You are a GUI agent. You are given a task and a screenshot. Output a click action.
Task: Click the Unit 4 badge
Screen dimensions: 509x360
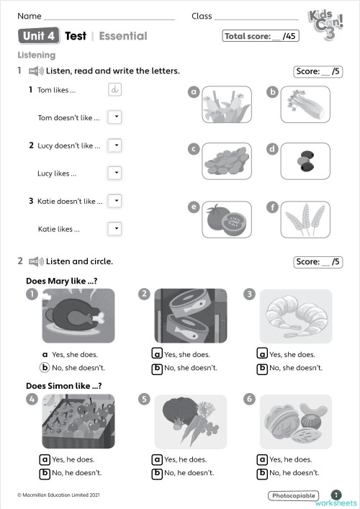39,36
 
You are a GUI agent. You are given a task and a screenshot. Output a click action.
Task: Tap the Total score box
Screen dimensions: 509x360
261,36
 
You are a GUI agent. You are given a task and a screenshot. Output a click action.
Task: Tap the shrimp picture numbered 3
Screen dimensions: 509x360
295,315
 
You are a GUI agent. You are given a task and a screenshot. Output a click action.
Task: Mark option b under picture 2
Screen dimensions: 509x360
156,369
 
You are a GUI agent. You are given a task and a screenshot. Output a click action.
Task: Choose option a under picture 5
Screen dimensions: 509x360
156,459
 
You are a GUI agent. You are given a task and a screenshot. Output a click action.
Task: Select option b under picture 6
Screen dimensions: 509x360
264,473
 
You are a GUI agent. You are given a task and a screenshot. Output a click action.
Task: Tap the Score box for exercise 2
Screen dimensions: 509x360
318,262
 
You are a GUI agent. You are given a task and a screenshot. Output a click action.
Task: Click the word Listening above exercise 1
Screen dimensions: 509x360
37,55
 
